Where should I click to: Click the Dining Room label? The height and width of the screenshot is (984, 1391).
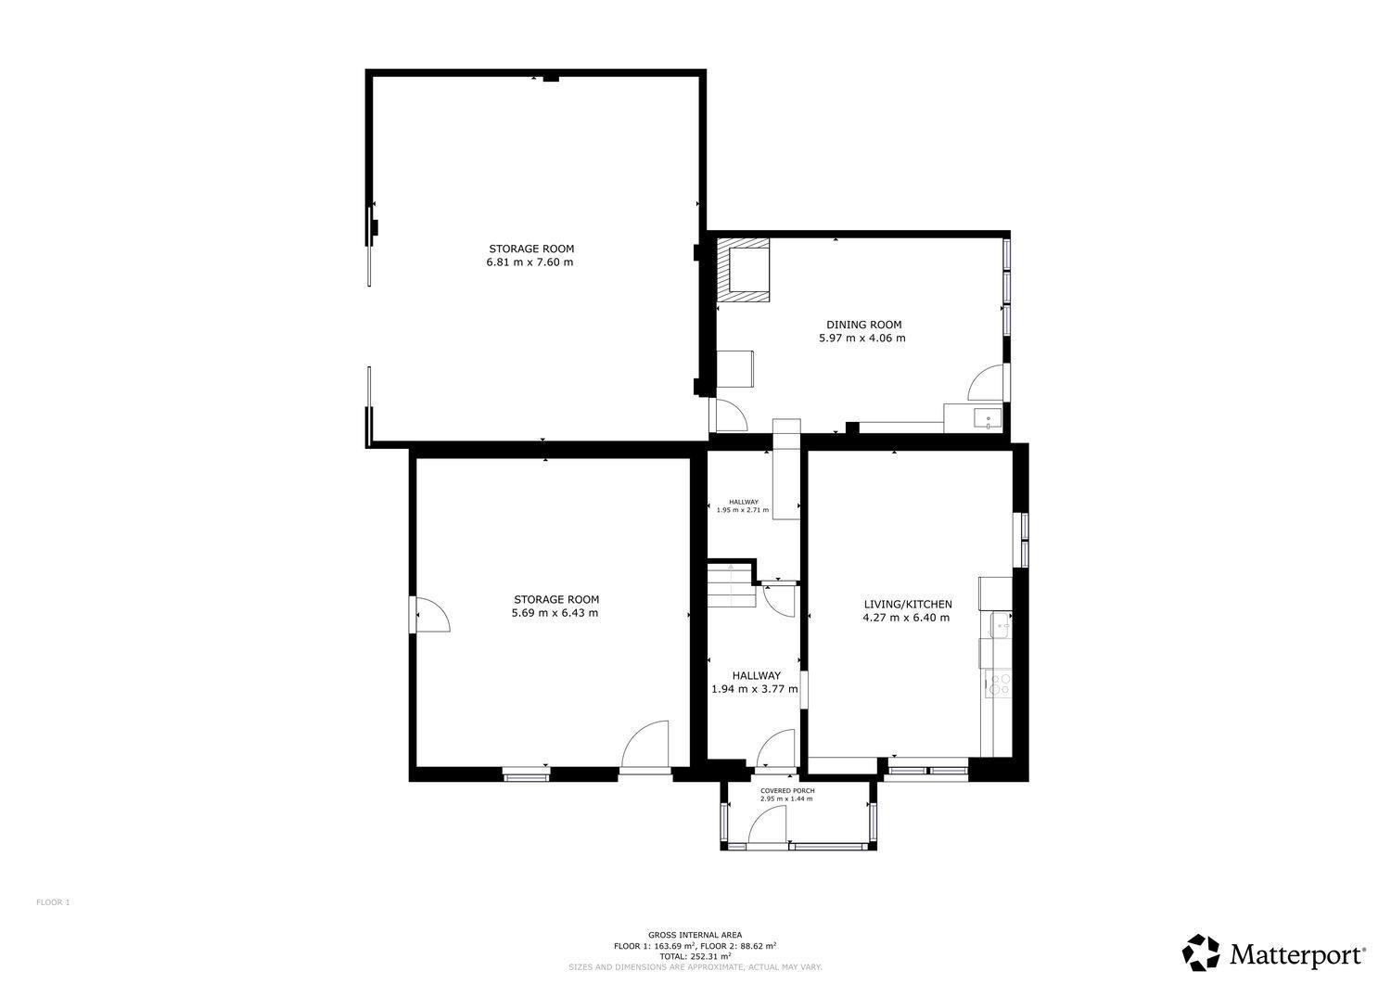863,325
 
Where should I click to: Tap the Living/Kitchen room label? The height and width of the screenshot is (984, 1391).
908,604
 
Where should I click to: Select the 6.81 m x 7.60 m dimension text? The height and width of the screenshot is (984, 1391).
530,262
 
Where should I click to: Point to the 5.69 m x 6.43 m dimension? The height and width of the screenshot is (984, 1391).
555,613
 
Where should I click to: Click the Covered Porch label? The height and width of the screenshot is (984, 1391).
787,791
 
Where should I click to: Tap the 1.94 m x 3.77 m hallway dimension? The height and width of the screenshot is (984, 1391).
755,689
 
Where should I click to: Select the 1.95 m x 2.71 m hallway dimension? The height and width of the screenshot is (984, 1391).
743,510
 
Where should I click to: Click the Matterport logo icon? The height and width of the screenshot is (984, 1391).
1202,952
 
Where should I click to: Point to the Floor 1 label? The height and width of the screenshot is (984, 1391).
53,902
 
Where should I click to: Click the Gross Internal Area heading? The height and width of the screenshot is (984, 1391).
695,935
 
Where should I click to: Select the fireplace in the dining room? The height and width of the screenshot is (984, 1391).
744,270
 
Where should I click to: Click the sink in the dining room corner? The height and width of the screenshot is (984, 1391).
988,418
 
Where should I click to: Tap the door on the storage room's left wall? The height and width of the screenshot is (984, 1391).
429,615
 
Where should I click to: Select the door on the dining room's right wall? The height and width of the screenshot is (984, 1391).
986,382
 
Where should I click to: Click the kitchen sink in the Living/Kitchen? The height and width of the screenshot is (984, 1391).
1001,625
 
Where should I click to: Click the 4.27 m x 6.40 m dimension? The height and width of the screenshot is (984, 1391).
906,618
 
